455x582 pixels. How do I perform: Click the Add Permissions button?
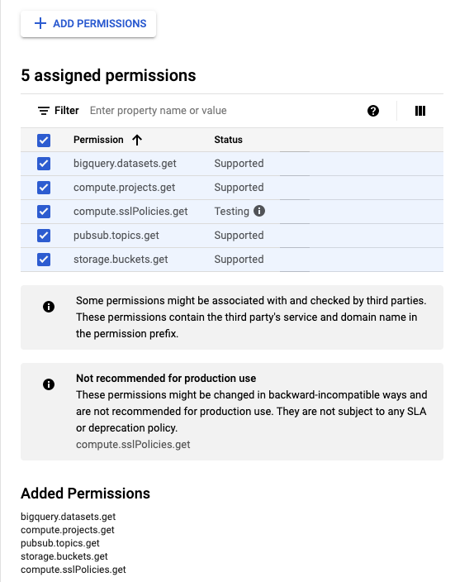tap(89, 24)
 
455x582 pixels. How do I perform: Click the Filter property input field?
tap(223, 111)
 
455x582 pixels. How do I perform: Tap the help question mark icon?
tap(373, 111)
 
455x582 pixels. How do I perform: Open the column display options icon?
tap(419, 111)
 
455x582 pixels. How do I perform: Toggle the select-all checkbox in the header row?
tap(45, 140)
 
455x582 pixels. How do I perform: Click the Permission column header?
tap(98, 140)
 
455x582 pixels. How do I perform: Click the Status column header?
tap(228, 140)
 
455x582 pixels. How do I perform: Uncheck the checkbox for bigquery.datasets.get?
tap(45, 164)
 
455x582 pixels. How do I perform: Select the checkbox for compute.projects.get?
tap(45, 188)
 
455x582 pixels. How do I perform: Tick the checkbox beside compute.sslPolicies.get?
tap(45, 212)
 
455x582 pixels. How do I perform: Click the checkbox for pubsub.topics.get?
tap(45, 236)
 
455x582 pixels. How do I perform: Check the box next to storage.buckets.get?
tap(45, 260)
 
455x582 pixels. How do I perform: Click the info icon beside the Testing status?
tap(259, 212)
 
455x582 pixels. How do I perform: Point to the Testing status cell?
tap(231, 212)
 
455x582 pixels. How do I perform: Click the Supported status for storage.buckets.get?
tap(239, 260)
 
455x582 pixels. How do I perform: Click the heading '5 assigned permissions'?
tap(108, 76)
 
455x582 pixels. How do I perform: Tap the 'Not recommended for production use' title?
tap(166, 379)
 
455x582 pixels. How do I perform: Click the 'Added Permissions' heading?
tap(85, 494)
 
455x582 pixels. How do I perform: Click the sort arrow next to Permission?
tap(137, 140)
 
